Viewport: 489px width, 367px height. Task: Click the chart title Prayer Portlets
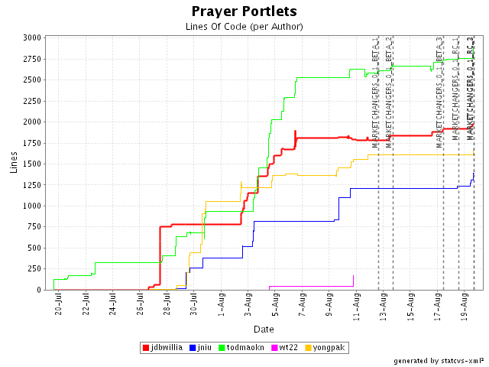[x=244, y=11]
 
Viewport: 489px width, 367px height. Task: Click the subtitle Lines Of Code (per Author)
[x=244, y=26]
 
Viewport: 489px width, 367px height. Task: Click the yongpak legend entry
[x=325, y=348]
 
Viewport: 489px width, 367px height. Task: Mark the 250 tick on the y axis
[x=35, y=269]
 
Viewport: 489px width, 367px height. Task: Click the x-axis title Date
[x=264, y=329]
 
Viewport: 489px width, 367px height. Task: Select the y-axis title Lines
[x=14, y=162]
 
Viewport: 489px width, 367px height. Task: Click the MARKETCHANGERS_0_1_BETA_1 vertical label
[x=375, y=92]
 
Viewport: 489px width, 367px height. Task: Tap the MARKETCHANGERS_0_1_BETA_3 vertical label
[x=440, y=92]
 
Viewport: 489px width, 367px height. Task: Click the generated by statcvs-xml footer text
[x=439, y=360]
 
